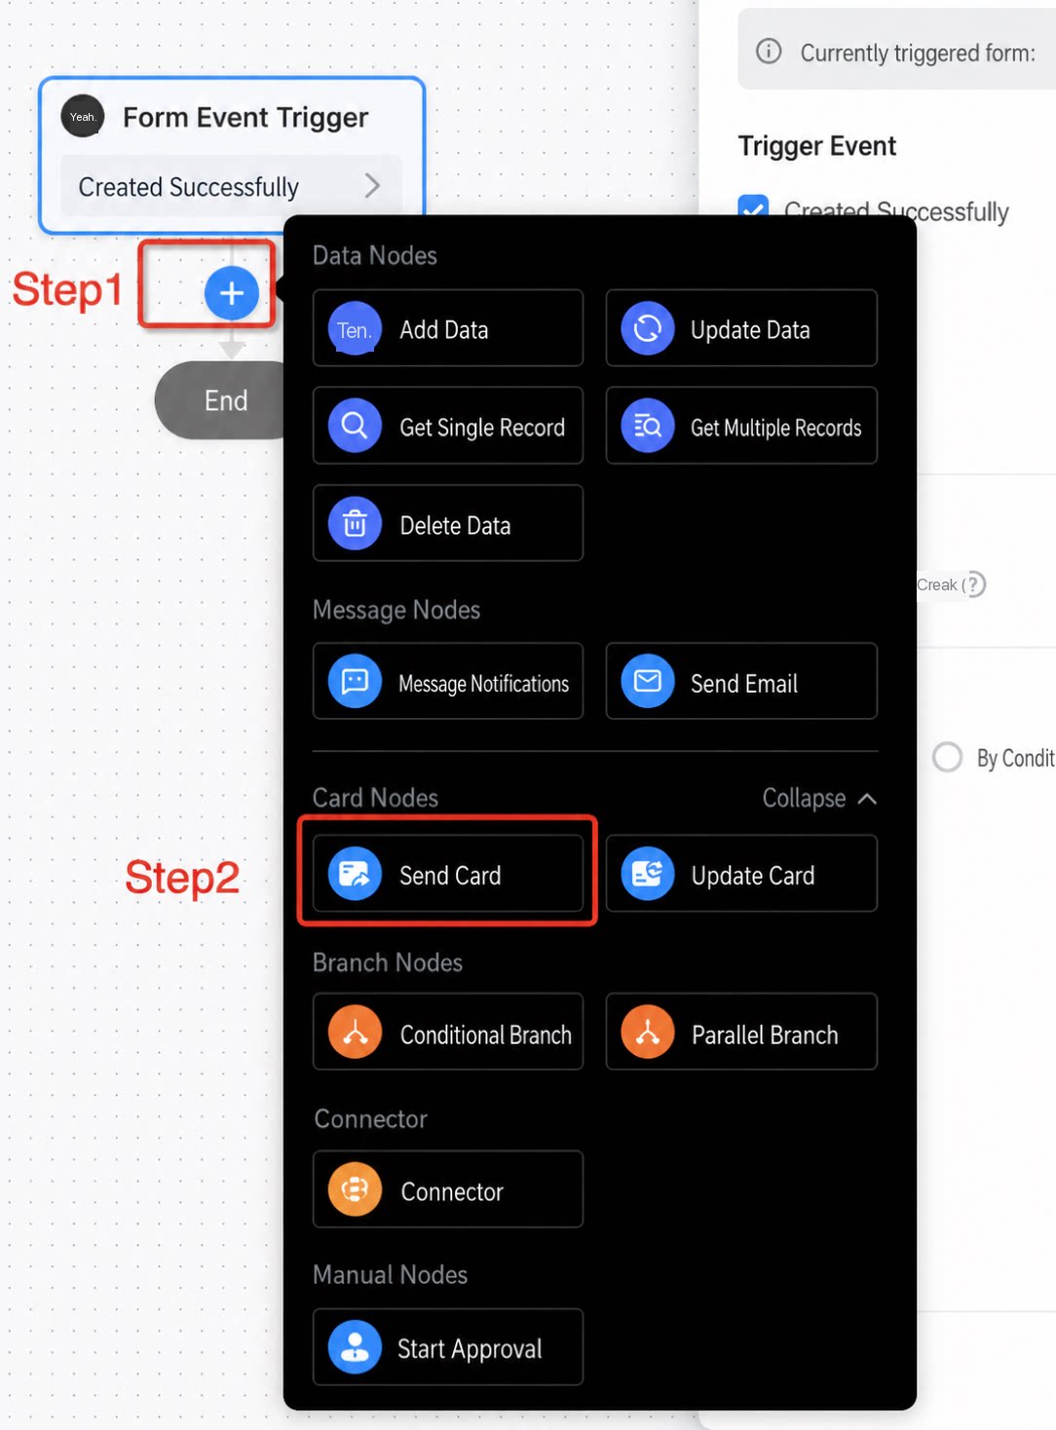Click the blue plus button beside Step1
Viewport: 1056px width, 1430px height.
[x=232, y=293]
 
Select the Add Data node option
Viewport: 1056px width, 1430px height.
[x=448, y=329]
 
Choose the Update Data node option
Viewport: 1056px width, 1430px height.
[x=741, y=329]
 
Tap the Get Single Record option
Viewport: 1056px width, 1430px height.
[x=448, y=426]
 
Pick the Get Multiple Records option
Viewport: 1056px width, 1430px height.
[x=741, y=426]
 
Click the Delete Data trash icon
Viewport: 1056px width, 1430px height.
[x=355, y=524]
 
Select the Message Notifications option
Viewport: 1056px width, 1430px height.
[x=448, y=682]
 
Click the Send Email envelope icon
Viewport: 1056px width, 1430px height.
[x=647, y=682]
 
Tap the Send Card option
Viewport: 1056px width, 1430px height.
[x=448, y=874]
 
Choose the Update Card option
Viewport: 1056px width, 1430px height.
[x=741, y=874]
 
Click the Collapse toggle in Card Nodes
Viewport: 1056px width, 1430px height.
[x=819, y=799]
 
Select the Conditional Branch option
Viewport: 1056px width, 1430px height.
[x=448, y=1033]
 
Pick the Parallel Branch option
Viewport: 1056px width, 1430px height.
[x=741, y=1033]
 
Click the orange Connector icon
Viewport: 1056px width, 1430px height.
[x=355, y=1190]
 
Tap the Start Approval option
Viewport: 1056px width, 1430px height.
[x=448, y=1347]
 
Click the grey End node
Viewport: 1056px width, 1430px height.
[x=222, y=401]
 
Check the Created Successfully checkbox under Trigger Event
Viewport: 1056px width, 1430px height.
[x=753, y=207]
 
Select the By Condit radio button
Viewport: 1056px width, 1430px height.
[x=947, y=758]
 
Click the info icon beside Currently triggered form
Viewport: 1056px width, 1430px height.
[x=769, y=51]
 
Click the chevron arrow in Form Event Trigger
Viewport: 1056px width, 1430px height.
[x=372, y=186]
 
